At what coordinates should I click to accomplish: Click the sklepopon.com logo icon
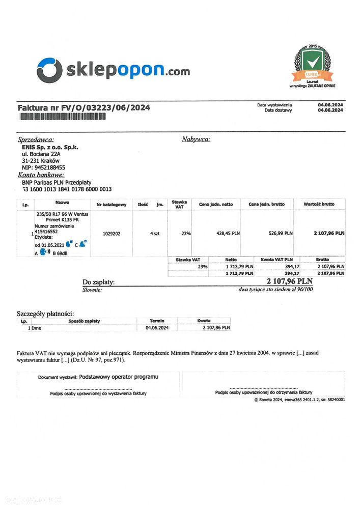coord(49,70)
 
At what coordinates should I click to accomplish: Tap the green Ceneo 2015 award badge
coord(313,63)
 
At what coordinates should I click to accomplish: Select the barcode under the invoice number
coord(63,117)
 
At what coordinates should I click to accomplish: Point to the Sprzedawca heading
coord(36,139)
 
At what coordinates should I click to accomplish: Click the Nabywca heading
coord(196,139)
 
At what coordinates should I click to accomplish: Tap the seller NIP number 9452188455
coord(43,167)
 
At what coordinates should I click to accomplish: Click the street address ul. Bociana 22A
coord(41,153)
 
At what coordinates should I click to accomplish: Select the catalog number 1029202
coord(111,234)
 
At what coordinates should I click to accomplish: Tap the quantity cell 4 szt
coord(155,234)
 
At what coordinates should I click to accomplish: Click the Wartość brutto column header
coord(319,204)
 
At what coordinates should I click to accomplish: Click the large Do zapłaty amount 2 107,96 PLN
coord(290,281)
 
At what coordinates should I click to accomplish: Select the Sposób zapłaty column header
coord(85,321)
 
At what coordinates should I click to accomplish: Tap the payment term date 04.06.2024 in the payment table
coord(156,328)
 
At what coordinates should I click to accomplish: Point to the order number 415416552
coord(46,231)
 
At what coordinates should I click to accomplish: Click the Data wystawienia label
coord(274,104)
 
